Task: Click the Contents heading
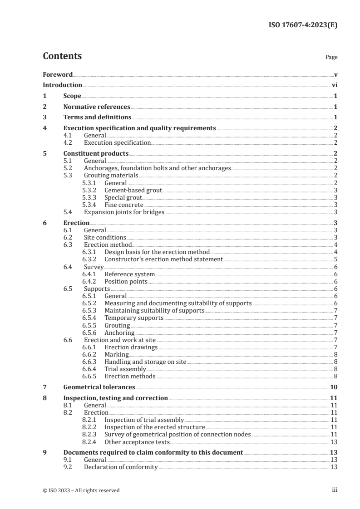click(62, 56)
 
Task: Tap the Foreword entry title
click(58, 74)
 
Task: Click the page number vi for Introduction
click(334, 85)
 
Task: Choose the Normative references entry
click(97, 107)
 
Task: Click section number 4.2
click(68, 142)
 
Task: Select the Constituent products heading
click(96, 153)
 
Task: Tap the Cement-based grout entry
click(133, 190)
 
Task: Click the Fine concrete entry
click(123, 205)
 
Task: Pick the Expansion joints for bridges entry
click(124, 212)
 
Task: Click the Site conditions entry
click(105, 237)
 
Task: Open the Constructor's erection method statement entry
click(163, 259)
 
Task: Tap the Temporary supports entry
click(134, 318)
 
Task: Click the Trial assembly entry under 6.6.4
click(125, 369)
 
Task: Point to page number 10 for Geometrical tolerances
click(333, 387)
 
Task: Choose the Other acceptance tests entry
click(137, 441)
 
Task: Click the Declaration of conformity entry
click(121, 467)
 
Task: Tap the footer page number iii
click(335, 490)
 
